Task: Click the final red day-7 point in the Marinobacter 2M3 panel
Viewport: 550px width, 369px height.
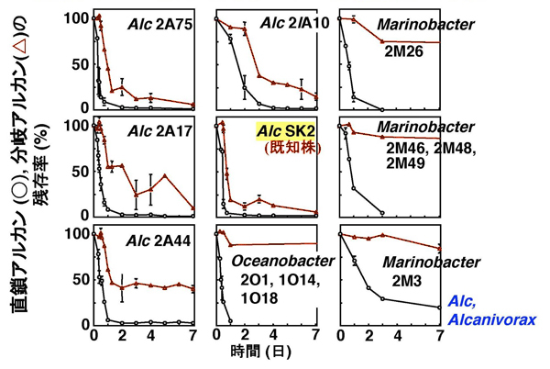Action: tap(441, 248)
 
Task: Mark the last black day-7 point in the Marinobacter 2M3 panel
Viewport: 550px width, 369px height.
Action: tap(441, 307)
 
